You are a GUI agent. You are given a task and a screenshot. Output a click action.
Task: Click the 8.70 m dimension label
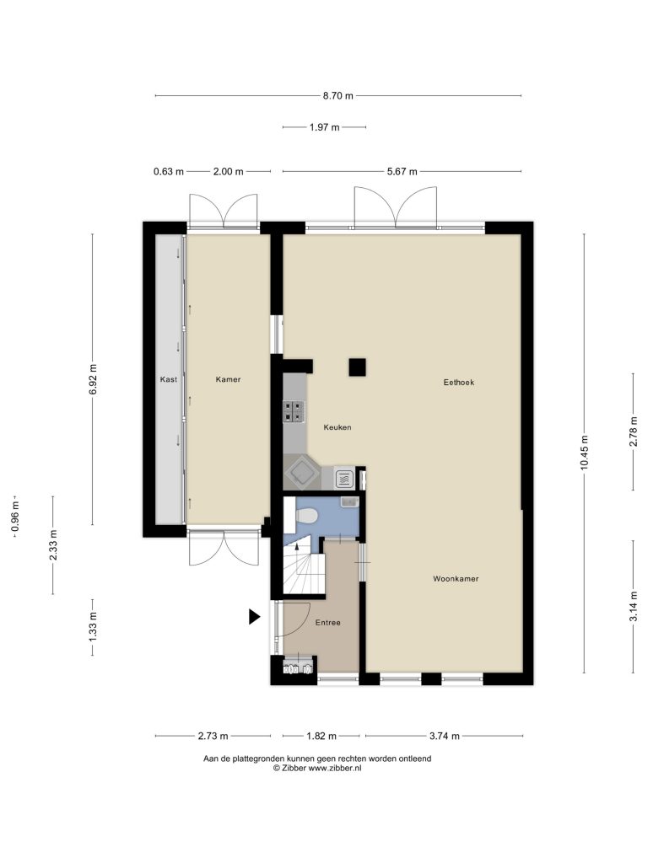337,96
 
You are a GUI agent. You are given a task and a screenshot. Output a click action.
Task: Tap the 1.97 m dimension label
324,127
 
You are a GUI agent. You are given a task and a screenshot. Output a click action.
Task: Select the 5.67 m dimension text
402,171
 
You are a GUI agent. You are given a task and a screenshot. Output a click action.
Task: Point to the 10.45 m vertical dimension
584,452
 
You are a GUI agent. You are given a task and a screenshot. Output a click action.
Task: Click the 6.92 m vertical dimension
93,379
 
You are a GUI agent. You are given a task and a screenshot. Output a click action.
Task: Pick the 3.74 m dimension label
444,736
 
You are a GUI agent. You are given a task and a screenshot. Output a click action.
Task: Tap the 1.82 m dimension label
321,736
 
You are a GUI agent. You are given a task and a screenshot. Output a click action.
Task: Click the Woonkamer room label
456,578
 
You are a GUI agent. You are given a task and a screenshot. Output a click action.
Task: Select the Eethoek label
458,382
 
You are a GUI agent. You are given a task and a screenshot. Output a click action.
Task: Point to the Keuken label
337,427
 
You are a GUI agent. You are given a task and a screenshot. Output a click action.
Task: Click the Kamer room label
228,379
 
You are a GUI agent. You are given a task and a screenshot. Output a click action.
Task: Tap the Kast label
169,379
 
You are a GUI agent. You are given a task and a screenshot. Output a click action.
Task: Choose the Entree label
328,623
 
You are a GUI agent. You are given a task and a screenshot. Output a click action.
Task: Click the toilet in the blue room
305,517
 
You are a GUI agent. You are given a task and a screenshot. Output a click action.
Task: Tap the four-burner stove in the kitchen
294,411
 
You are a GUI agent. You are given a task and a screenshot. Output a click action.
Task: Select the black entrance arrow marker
254,617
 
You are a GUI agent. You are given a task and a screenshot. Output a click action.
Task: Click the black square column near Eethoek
357,367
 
